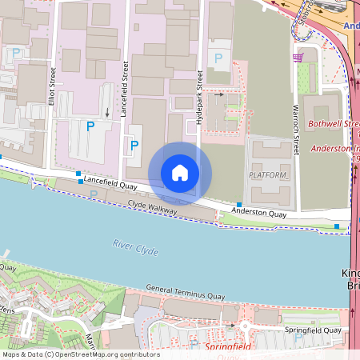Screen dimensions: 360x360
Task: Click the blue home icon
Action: pyautogui.click(x=180, y=173)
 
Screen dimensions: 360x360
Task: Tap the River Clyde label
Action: pyautogui.click(x=135, y=247)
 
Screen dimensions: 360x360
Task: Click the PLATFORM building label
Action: pyautogui.click(x=267, y=174)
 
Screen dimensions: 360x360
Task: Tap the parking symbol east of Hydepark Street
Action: pyautogui.click(x=218, y=58)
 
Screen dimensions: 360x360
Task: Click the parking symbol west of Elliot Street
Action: pyautogui.click(x=16, y=54)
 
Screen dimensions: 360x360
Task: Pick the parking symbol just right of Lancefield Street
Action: pyautogui.click(x=134, y=145)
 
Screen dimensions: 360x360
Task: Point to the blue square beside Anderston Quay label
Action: pyautogui.click(x=239, y=205)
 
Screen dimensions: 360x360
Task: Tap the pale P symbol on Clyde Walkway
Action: pyautogui.click(x=94, y=194)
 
